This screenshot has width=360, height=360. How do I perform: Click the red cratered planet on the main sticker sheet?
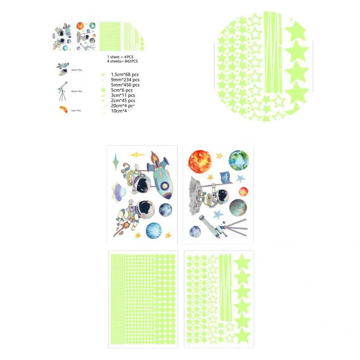click(199, 161)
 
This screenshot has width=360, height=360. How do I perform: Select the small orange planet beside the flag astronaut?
click(243, 191)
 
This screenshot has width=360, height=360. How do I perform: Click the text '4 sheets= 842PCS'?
click(122, 61)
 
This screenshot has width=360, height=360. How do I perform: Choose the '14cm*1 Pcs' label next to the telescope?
click(76, 91)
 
